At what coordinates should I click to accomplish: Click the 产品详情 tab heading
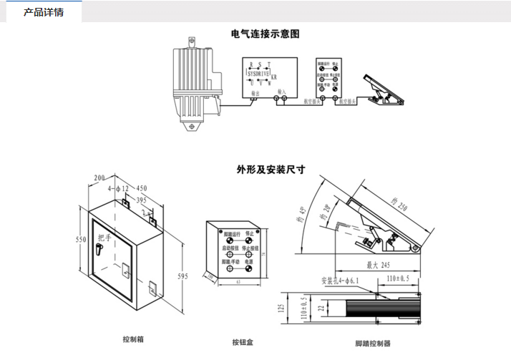[44, 12]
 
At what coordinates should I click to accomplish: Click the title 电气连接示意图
[265, 34]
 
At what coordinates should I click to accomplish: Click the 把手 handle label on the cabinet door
[104, 238]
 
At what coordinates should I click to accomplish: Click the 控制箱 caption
[134, 339]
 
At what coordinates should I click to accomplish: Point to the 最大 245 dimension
[372, 265]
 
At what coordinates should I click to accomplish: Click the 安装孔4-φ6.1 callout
[343, 280]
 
